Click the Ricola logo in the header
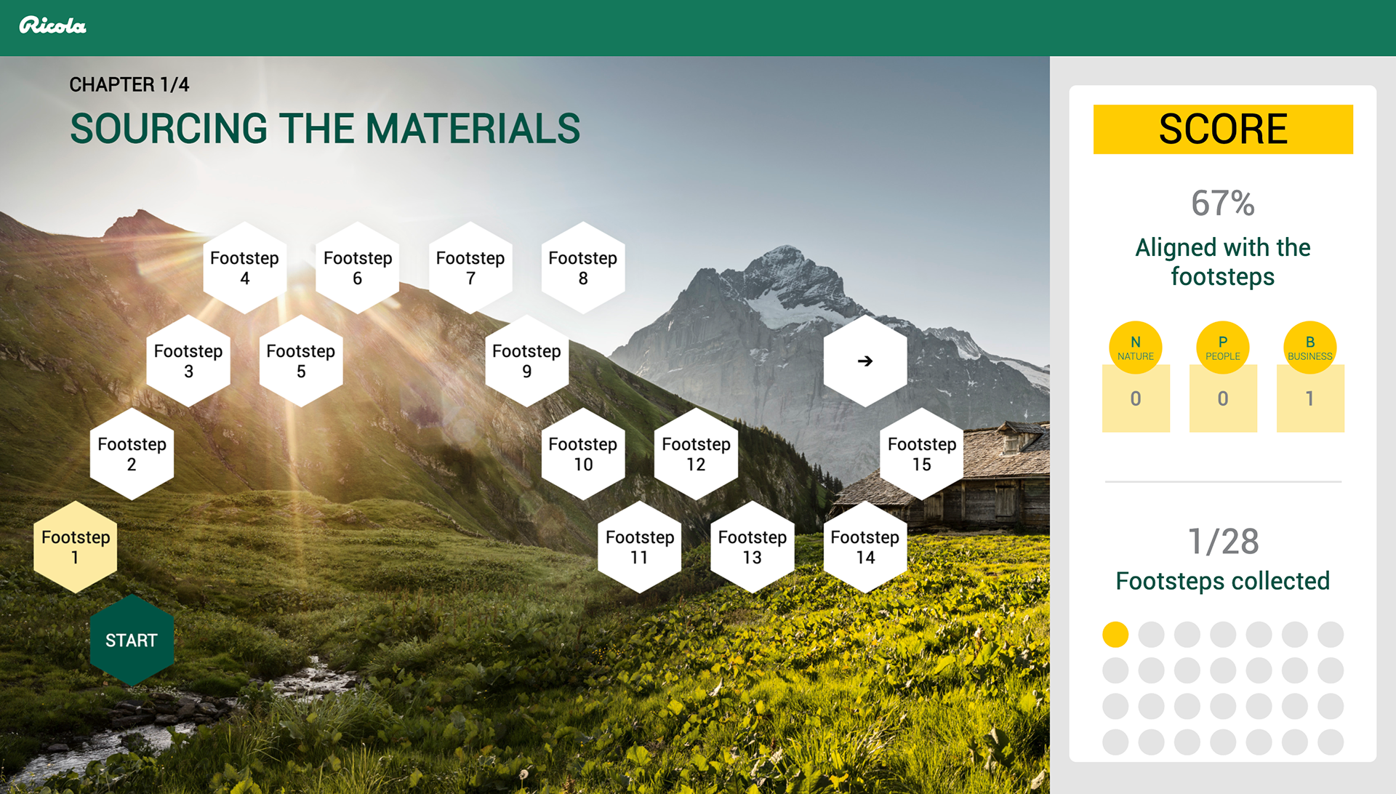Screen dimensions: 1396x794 [x=52, y=25]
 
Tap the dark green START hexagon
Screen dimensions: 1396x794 [x=132, y=640]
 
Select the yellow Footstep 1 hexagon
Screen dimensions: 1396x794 [x=76, y=547]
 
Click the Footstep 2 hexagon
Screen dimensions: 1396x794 [x=132, y=454]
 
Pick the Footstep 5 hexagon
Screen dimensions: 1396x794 [x=301, y=361]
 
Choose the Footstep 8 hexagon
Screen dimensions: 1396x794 [x=583, y=268]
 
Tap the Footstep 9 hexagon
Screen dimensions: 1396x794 [x=527, y=361]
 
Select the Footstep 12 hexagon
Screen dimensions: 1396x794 [x=696, y=454]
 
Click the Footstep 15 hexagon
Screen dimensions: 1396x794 [x=922, y=454]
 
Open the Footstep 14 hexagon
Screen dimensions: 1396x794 [x=865, y=547]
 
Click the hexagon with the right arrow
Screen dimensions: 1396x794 [x=865, y=361]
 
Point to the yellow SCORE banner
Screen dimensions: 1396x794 [x=1223, y=129]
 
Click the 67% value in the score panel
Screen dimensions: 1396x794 [x=1223, y=204]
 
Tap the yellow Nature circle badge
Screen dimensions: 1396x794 [x=1136, y=348]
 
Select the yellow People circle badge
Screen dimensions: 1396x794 [x=1223, y=348]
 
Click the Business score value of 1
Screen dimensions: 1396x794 [x=1310, y=398]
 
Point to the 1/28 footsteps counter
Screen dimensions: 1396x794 [x=1223, y=541]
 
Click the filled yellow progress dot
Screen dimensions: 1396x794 [x=1115, y=634]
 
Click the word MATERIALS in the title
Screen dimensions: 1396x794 [x=473, y=129]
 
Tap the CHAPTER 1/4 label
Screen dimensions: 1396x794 [x=129, y=84]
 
